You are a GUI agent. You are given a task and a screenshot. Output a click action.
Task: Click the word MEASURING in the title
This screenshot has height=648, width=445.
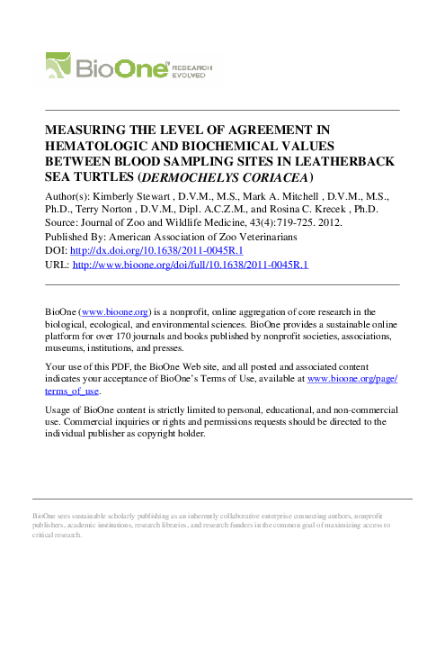84,130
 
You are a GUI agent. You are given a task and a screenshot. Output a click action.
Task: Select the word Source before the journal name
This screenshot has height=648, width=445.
61,222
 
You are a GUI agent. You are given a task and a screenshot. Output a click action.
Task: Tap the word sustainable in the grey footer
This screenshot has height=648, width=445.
101,513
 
